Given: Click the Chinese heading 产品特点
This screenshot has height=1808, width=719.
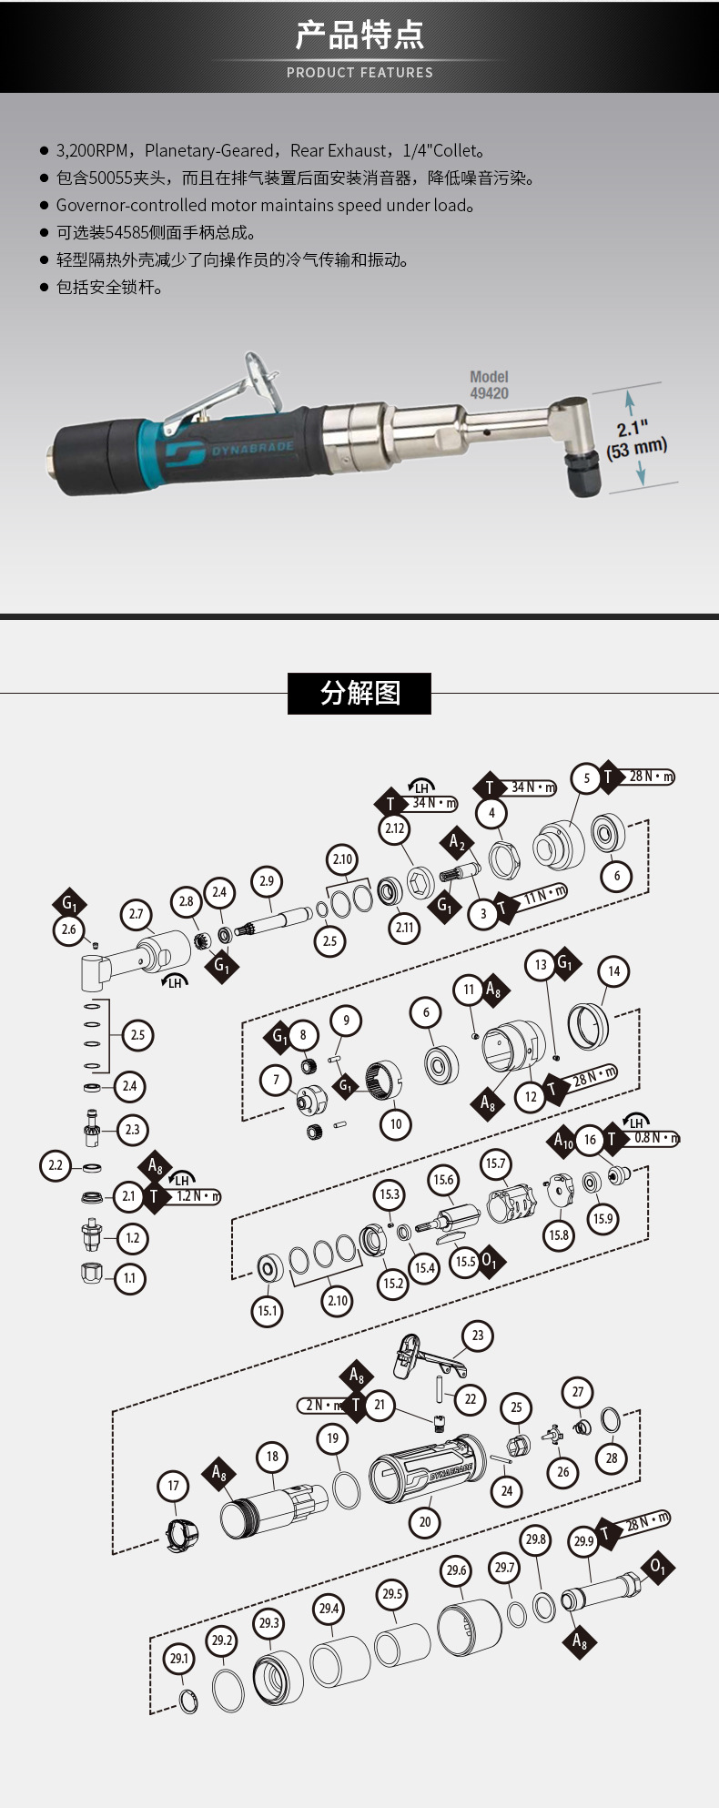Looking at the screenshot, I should [x=359, y=35].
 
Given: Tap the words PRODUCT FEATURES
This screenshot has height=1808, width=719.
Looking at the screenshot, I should [x=359, y=73].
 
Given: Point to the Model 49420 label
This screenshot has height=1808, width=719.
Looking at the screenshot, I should [x=489, y=385].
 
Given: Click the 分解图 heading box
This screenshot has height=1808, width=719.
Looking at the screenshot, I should [x=359, y=693].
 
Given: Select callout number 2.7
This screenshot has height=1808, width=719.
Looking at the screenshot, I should [x=136, y=914].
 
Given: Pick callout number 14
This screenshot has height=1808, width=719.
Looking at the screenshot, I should [x=613, y=971].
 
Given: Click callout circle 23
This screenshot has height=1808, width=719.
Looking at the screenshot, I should [x=478, y=1336].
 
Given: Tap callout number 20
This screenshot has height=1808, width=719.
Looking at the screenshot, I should [x=425, y=1521].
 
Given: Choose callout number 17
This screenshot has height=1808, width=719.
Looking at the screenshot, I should [x=174, y=1487].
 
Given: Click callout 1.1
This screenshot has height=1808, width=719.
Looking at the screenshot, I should [x=129, y=1278].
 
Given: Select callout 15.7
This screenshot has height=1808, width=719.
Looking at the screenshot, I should [x=495, y=1163].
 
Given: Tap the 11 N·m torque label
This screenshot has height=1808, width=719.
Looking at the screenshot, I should [x=544, y=896].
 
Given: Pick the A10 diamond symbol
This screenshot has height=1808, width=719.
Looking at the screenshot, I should [x=563, y=1140].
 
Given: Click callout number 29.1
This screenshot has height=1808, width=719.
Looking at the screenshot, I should [x=179, y=1659].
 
